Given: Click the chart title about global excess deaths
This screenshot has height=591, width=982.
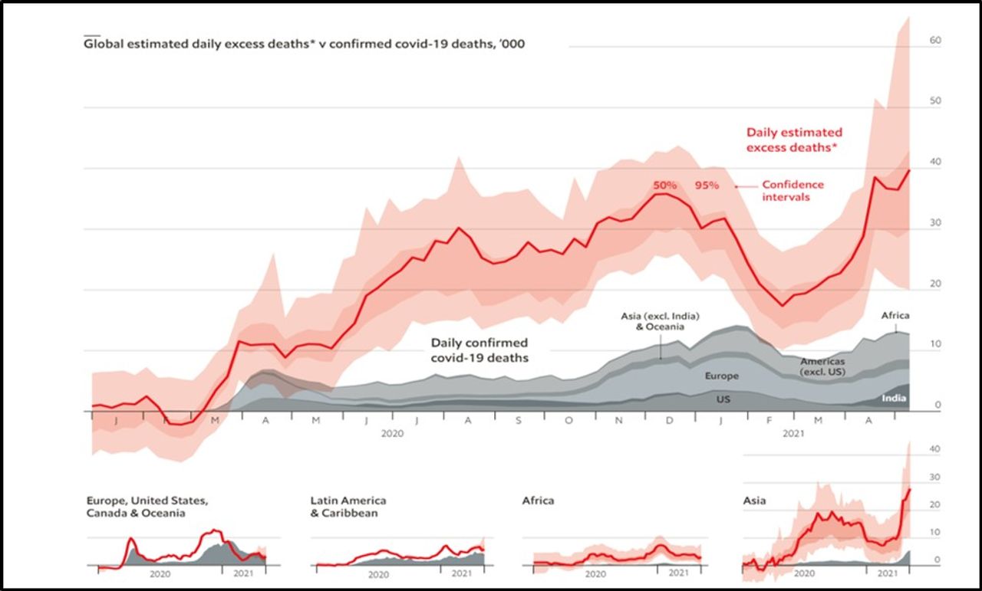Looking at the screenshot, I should point(304,44).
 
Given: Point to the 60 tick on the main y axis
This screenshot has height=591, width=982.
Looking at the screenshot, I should point(935,40).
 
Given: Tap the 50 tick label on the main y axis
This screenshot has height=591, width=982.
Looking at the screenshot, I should point(935,101).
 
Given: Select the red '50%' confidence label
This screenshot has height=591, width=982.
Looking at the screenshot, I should point(664,186).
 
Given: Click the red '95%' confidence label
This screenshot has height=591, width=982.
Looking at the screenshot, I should point(707,186).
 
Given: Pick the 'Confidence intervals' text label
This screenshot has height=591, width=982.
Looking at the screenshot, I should point(793,191).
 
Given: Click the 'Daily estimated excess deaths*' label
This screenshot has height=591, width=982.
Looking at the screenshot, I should point(794,140).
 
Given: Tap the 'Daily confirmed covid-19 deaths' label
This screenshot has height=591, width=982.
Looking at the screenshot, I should point(479,350).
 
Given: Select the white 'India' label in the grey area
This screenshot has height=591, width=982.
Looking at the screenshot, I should point(894,398).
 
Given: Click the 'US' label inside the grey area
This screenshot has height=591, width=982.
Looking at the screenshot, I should point(723,399).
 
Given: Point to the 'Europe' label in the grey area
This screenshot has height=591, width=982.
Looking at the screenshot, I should point(722,376).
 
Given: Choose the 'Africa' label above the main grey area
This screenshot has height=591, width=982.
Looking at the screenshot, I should point(895,316).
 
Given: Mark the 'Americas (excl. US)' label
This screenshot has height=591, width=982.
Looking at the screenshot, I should point(823,366).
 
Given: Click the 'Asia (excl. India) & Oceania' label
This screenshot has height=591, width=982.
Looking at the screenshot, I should point(661,321).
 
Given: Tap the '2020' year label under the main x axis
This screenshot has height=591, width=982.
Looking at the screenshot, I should point(391,434).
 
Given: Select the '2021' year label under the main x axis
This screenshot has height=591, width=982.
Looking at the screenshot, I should point(793,434).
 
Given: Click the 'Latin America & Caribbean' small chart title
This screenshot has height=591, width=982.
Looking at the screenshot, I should point(348,507).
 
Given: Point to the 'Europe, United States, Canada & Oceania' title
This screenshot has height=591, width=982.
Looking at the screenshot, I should point(147,507).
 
